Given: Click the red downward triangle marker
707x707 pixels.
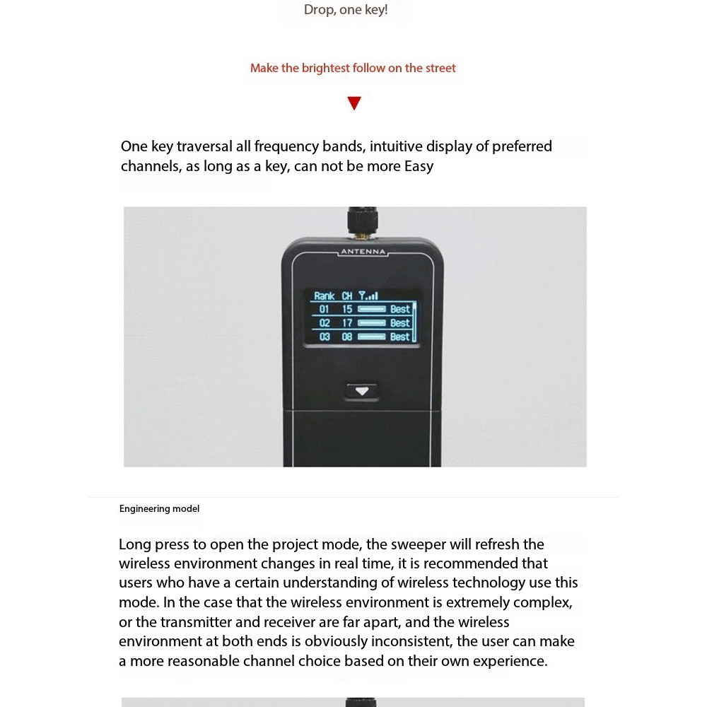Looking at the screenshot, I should click(x=354, y=103).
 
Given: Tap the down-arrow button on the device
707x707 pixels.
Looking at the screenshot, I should click(x=362, y=391).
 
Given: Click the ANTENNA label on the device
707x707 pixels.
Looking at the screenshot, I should click(x=363, y=252).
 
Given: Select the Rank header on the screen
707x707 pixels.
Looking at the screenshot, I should click(x=325, y=296).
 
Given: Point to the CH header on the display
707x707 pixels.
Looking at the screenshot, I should click(x=347, y=296).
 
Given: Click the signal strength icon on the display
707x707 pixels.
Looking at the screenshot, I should click(x=368, y=296).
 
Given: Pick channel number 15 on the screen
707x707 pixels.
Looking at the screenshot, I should click(x=347, y=309).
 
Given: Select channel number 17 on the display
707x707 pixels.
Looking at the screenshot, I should click(x=347, y=323).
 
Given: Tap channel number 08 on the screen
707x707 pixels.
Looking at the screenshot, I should click(x=347, y=337).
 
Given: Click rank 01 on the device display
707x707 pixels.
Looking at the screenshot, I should click(x=325, y=309).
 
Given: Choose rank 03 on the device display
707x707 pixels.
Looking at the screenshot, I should click(x=325, y=337).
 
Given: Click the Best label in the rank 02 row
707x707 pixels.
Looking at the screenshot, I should click(x=399, y=323).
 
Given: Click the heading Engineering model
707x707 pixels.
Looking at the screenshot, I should click(x=159, y=509).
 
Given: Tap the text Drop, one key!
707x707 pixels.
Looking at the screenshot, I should click(x=346, y=10).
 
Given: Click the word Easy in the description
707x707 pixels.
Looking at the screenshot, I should click(x=419, y=167).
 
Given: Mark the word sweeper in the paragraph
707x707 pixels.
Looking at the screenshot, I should click(x=415, y=544).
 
